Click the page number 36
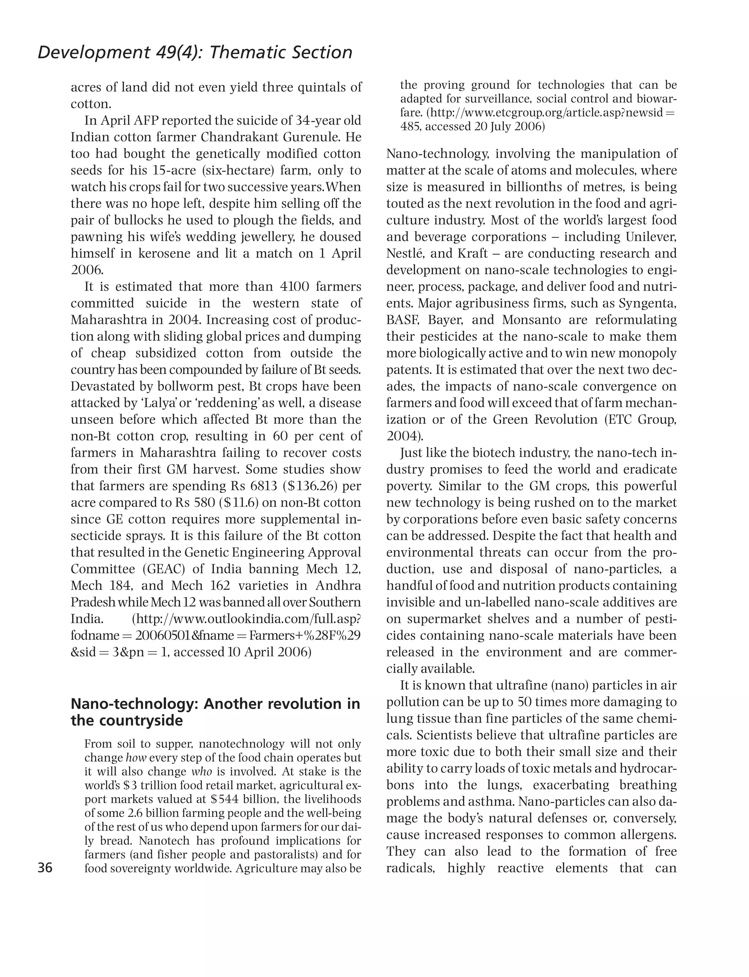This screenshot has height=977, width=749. point(45,868)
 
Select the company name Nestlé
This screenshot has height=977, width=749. point(404,253)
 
